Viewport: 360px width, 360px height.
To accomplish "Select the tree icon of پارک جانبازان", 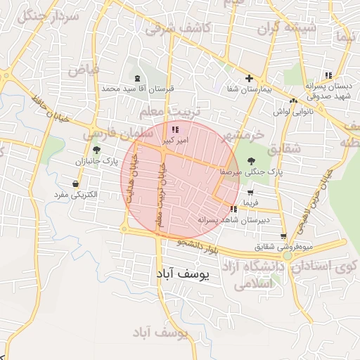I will tap(96, 149).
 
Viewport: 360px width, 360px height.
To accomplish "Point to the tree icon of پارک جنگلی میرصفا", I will tap(252, 160).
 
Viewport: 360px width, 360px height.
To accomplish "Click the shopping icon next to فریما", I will tap(250, 192).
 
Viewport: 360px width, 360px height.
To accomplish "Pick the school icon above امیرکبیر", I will tap(175, 129).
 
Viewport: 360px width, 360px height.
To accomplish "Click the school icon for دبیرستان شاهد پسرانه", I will tap(233, 209).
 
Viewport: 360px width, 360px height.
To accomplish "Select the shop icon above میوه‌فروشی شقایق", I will tap(283, 236).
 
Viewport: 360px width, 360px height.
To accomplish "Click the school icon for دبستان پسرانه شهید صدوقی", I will tap(328, 75).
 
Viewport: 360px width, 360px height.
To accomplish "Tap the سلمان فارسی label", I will tap(117, 133).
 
